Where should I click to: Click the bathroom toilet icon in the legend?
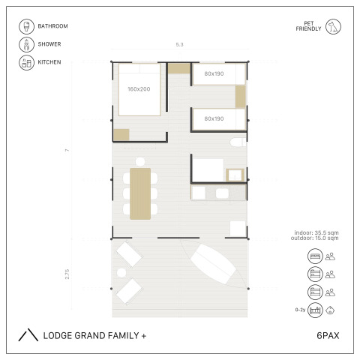tap(26, 26)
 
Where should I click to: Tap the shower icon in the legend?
tap(26, 44)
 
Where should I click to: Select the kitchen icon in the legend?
tap(26, 62)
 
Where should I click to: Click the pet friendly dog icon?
tap(333, 26)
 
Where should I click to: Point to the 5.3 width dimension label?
tap(179, 44)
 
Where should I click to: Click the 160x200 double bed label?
tap(139, 89)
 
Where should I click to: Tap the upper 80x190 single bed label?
tap(214, 73)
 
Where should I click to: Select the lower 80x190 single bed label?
tap(214, 118)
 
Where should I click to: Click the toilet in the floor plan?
tap(238, 142)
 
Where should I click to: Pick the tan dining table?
tap(140, 193)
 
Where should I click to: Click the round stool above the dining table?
tap(140, 162)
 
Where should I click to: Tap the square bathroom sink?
tap(235, 175)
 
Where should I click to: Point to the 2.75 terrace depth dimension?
tap(67, 274)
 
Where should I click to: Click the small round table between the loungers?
tap(121, 273)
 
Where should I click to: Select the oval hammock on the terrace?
tap(213, 264)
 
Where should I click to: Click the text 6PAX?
tap(328, 335)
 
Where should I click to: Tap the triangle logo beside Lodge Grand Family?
tap(28, 334)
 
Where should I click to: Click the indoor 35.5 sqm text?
tap(316, 232)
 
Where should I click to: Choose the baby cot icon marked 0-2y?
tap(315, 310)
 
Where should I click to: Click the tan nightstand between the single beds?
tap(240, 97)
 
